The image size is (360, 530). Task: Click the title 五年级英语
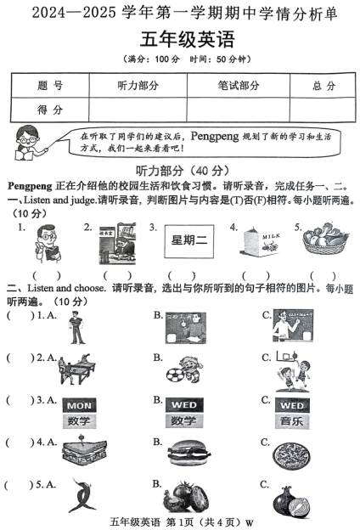(x=179, y=39)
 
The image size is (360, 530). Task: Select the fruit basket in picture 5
(x=322, y=242)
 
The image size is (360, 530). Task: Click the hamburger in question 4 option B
(x=186, y=454)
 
